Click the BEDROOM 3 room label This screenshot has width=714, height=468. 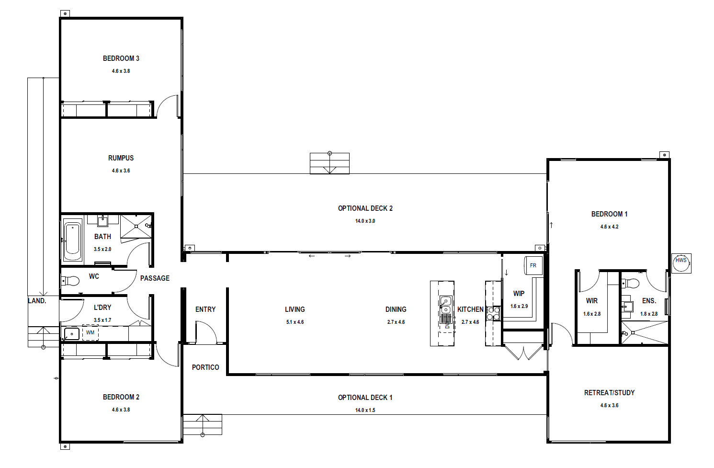(121, 58)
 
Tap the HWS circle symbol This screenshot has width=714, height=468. (681, 263)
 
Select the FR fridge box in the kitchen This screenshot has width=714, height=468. (533, 265)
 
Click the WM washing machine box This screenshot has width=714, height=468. (90, 332)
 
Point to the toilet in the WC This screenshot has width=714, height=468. (70, 281)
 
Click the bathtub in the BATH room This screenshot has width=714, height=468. (73, 241)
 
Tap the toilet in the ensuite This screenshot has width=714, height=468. (631, 283)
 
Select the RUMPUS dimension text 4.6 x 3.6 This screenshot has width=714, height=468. (121, 171)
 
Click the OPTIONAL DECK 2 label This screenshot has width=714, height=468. (365, 208)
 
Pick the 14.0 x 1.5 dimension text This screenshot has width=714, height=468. (365, 410)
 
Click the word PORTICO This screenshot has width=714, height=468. (205, 367)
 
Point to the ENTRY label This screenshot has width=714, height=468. (205, 309)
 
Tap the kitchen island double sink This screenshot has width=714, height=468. (446, 305)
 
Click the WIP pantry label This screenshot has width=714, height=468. (519, 294)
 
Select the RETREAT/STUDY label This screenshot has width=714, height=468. (609, 393)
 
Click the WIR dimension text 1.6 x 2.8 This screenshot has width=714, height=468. (592, 314)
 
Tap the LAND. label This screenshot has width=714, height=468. (37, 301)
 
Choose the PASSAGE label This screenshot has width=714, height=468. (155, 278)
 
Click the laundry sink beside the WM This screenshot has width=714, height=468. (72, 334)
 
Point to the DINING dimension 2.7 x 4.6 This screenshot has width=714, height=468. (396, 322)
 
